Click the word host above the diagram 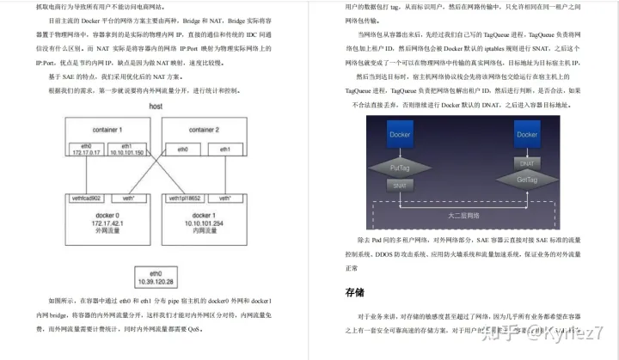(x=156, y=106)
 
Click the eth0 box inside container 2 (x=181, y=149)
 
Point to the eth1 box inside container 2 (x=225, y=149)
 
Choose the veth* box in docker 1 (x=225, y=198)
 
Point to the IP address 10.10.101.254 (x=203, y=221)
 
